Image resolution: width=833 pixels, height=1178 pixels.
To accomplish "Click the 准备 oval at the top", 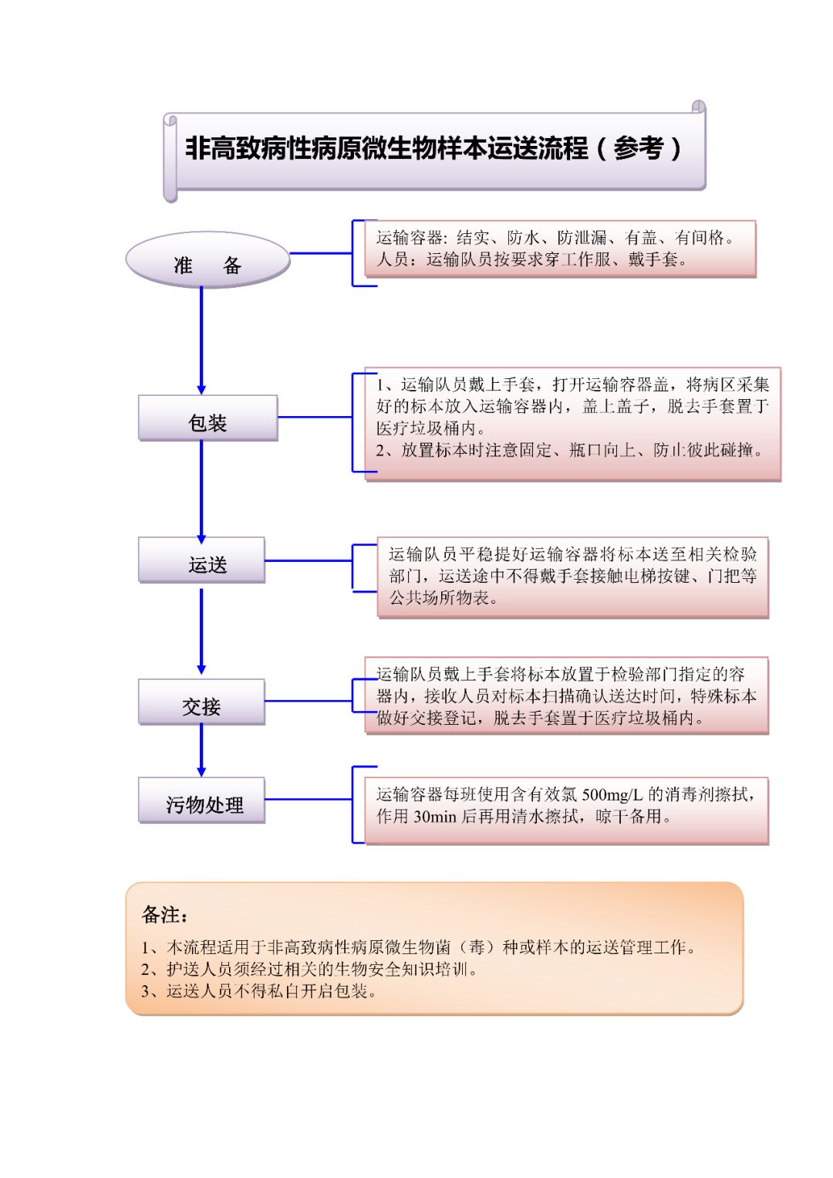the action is click(207, 260).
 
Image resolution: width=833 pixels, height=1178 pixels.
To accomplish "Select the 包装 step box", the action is click(207, 418).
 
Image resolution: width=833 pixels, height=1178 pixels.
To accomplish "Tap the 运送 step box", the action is click(201, 560).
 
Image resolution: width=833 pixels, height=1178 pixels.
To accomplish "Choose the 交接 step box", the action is click(201, 702).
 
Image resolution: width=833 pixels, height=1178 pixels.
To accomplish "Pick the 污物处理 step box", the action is click(201, 800).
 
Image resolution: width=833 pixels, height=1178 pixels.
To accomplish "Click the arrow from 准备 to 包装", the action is click(201, 340).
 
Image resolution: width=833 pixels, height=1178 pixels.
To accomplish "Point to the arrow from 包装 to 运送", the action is click(201, 492).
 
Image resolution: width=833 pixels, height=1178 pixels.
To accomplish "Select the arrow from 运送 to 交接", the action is click(201, 631).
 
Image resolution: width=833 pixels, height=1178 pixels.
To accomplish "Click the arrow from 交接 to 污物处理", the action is click(201, 750).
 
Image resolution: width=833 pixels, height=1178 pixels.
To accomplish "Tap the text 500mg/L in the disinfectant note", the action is click(612, 794).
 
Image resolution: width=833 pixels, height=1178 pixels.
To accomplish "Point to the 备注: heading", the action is click(165, 915).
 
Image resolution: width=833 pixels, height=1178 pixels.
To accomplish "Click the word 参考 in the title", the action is click(639, 148).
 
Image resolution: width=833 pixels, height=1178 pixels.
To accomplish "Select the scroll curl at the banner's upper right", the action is click(699, 107).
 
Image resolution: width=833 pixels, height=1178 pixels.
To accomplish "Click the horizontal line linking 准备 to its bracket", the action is click(321, 253).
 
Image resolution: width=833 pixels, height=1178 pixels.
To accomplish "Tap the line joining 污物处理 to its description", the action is click(309, 800).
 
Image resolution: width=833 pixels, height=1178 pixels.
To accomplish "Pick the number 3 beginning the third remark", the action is click(145, 991).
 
